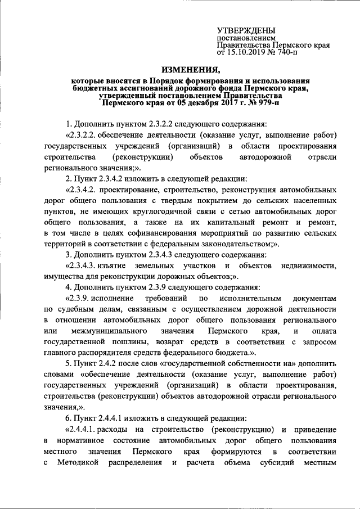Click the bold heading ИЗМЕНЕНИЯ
click(x=188, y=70)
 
